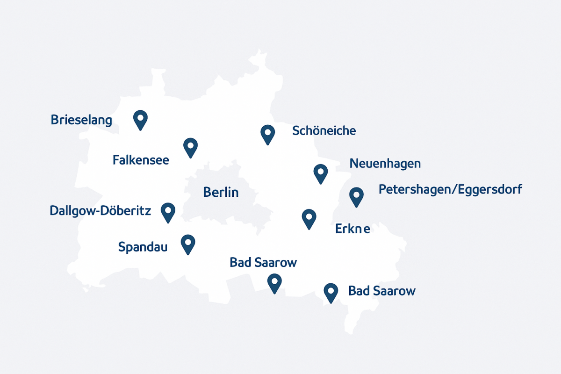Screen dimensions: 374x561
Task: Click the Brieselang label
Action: pos(81,120)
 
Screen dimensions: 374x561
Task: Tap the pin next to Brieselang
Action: pos(140,119)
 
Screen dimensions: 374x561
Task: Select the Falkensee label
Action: pos(141,160)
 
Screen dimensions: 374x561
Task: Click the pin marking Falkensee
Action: pos(190,147)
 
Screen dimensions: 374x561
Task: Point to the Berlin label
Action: pos(221,192)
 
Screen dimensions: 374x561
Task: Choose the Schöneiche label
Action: pos(324,131)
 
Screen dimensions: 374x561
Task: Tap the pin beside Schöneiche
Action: pos(267,134)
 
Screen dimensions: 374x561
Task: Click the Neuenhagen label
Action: pos(385,164)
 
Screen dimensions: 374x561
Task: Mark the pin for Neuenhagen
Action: pos(320,173)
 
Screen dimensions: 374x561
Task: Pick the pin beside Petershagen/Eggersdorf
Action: pos(356,196)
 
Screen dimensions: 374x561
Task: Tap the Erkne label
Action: pos(353,229)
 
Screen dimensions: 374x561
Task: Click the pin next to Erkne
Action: pos(309,218)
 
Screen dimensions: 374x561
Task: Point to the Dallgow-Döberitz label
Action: pos(100,211)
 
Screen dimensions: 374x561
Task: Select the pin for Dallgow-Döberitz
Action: pos(167,212)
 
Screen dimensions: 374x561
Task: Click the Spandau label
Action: pos(143,247)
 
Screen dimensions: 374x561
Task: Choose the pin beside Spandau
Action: pos(187,244)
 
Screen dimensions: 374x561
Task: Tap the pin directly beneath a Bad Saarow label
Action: pos(274,283)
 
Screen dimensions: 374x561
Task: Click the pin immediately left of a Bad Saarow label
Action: pos(331,293)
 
